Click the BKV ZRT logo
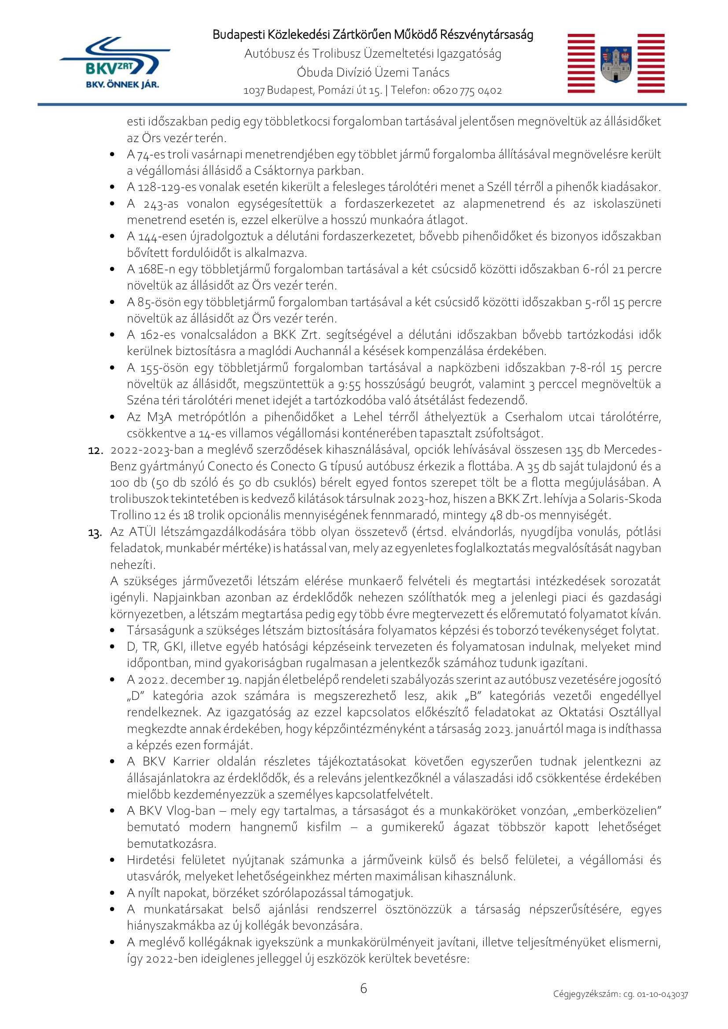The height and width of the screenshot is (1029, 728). coord(114,63)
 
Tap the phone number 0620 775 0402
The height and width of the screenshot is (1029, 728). coord(467,91)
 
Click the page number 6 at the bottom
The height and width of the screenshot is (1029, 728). coord(364,988)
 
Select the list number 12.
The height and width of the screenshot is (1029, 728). coord(96,450)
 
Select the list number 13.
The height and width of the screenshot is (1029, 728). coord(95,533)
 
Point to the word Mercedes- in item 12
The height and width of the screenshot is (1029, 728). coord(632,450)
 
